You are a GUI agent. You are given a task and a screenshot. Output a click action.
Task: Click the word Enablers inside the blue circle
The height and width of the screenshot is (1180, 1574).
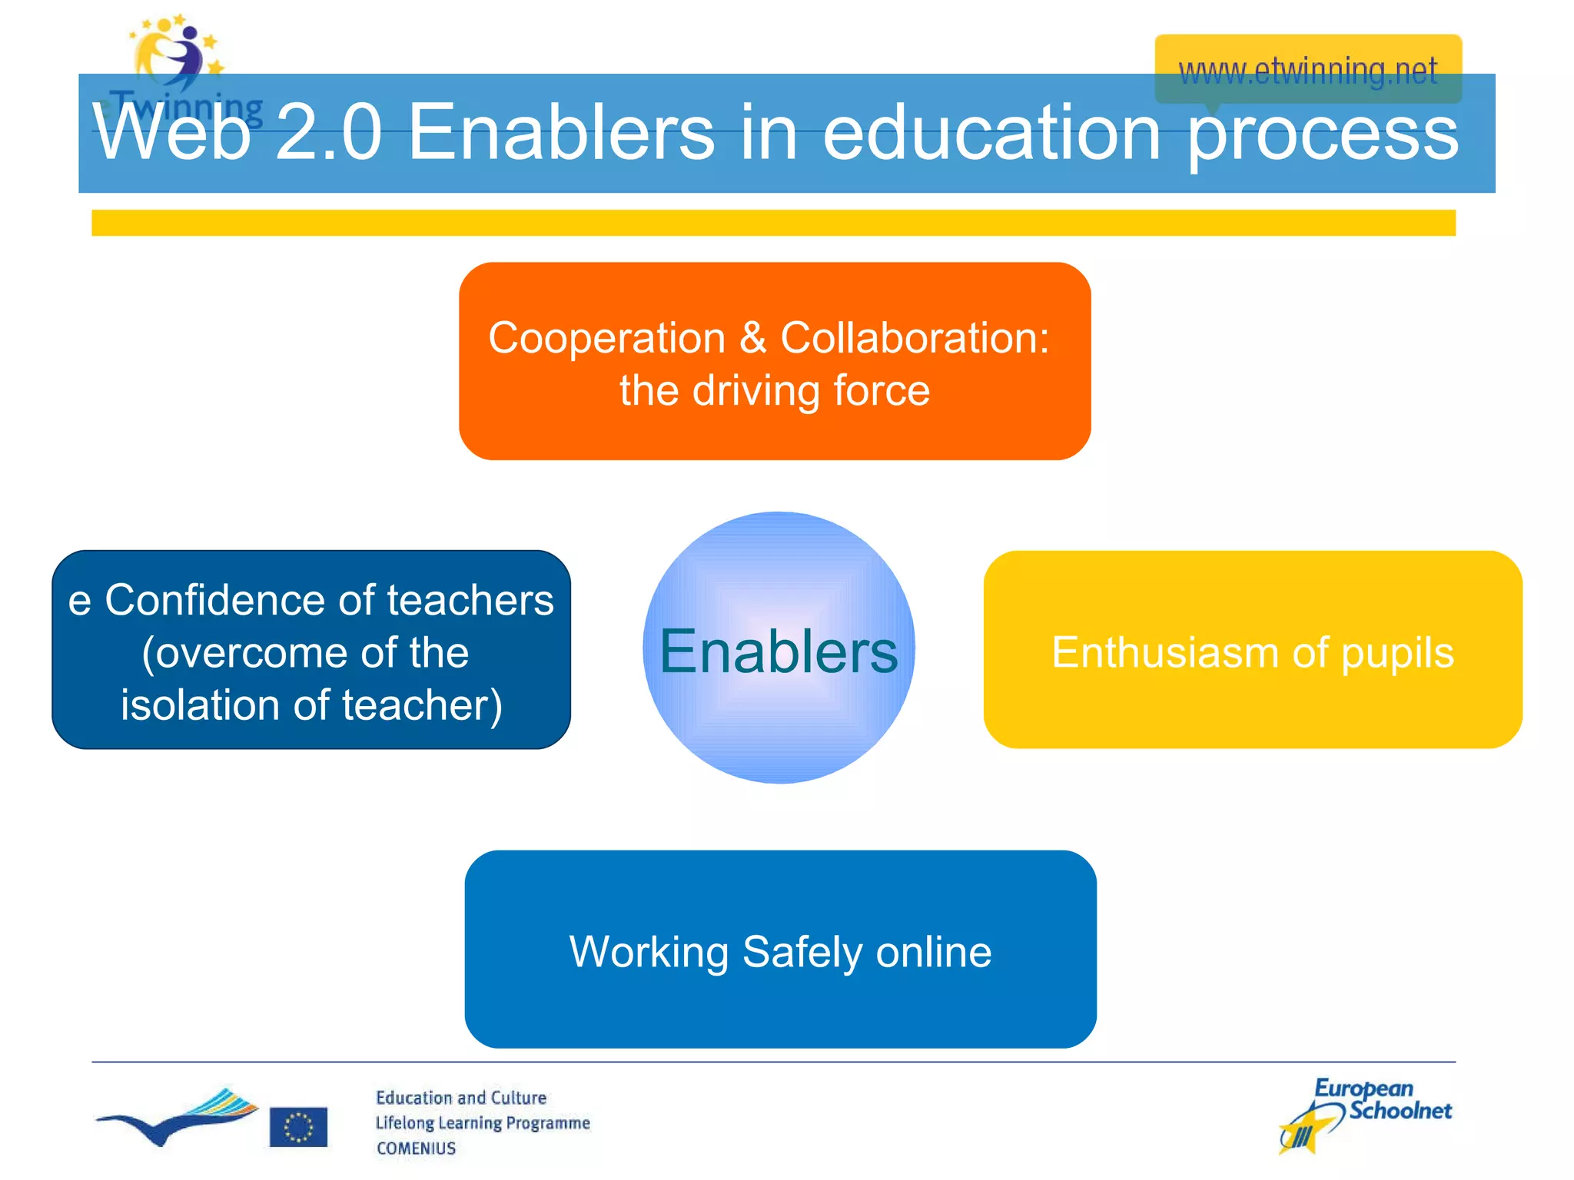[778, 651]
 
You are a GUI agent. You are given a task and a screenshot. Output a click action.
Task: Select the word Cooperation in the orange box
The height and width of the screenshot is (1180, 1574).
[606, 338]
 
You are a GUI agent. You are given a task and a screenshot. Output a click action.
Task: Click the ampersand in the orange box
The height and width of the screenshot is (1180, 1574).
[753, 338]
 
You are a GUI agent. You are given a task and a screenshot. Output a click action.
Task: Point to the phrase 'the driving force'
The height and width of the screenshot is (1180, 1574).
[775, 390]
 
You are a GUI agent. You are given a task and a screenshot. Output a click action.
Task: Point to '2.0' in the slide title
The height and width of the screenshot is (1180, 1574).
[328, 133]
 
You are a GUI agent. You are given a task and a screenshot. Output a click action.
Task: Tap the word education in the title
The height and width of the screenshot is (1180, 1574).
[991, 133]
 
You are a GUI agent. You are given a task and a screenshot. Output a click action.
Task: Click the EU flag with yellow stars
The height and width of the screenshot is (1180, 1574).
[298, 1127]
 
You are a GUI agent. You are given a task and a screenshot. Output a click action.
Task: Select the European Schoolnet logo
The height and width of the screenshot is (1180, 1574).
[1364, 1114]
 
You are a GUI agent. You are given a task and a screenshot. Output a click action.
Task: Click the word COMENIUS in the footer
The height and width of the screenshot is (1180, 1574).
[416, 1149]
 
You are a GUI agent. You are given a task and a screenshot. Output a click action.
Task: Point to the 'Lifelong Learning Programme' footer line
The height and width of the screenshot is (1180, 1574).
[483, 1123]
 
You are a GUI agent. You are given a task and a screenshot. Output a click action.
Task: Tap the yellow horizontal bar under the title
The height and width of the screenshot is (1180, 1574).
[773, 223]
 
